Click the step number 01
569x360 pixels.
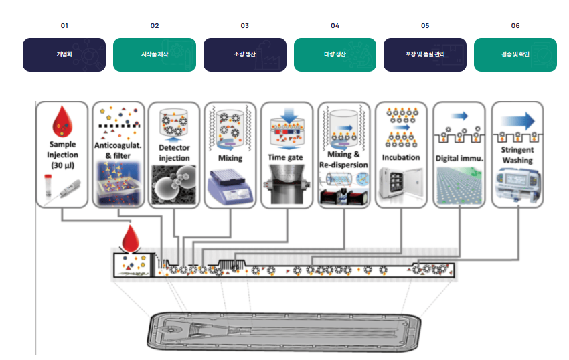coord(64,26)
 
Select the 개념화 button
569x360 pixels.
coord(64,54)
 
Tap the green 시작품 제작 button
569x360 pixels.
coord(155,54)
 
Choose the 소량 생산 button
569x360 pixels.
coord(244,54)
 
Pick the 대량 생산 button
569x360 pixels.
coord(335,54)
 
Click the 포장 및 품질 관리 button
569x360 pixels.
coord(425,54)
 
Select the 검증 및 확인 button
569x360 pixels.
coord(515,54)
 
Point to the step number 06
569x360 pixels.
coord(515,26)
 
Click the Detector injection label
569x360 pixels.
coord(175,153)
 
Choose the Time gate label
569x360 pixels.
coord(287,157)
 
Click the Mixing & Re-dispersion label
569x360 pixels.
coord(343,159)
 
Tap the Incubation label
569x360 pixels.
coord(400,157)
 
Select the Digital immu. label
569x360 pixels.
coord(459,158)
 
